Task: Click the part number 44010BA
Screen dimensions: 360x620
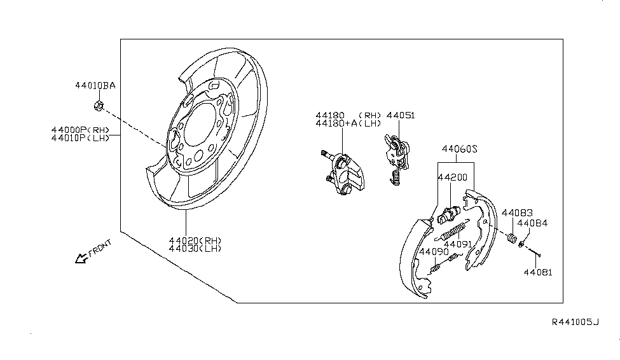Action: coord(95,85)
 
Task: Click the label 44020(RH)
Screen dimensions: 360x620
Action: coord(195,240)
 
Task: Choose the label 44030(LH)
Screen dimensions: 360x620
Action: coord(195,248)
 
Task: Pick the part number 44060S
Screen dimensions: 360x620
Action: coord(460,149)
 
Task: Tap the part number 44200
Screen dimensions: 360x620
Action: coord(453,179)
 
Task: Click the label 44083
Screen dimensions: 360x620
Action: coord(517,212)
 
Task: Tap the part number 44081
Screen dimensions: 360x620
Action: coord(537,272)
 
